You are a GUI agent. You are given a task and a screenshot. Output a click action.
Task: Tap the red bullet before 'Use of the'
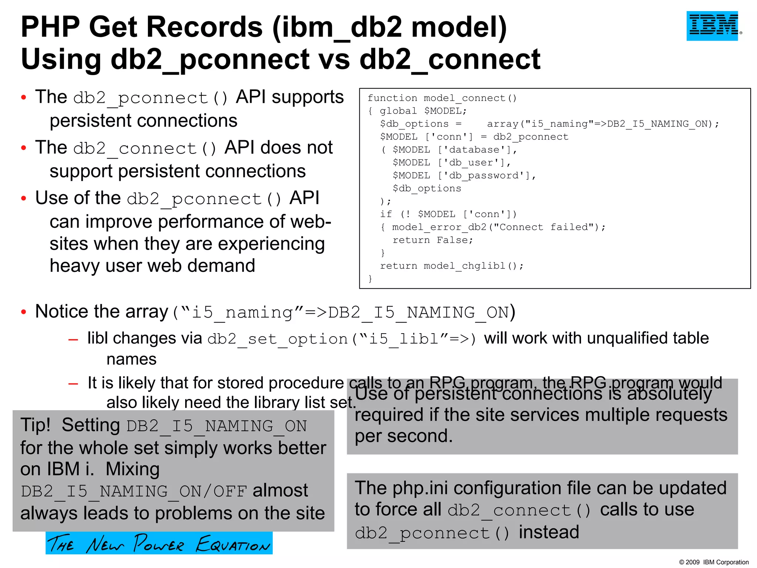point(24,199)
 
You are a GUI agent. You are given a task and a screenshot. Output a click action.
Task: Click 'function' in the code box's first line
point(392,98)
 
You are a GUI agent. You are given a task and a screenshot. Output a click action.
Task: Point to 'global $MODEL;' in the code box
point(423,111)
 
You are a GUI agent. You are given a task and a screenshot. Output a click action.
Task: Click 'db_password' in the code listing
point(487,176)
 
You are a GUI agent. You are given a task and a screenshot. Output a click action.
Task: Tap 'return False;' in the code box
point(433,240)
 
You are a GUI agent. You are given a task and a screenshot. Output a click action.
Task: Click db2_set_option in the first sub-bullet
point(277,339)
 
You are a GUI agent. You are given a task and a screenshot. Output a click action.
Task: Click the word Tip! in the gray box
point(35,425)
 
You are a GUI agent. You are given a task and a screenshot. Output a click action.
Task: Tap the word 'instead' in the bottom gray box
point(549,532)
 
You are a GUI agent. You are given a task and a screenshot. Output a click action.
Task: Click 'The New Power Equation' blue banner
point(159,543)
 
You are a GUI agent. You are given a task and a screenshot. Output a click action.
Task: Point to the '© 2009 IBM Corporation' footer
point(714,562)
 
